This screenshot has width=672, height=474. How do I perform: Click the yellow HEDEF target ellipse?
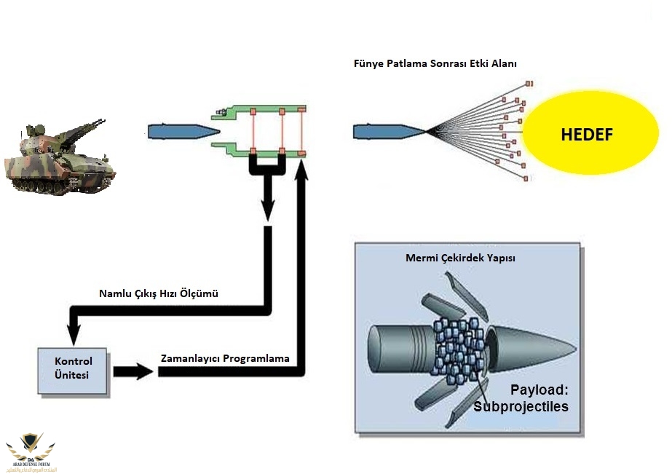(x=586, y=135)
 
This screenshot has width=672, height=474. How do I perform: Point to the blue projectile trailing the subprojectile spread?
(x=388, y=131)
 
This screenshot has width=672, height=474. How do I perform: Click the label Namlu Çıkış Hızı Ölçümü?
(x=159, y=294)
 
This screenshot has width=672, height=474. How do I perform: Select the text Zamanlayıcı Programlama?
(x=225, y=359)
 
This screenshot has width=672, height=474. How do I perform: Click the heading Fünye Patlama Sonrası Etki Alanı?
(x=435, y=63)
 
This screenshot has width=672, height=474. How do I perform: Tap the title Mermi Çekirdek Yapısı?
(x=460, y=258)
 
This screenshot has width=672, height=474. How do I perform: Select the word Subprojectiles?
(x=521, y=406)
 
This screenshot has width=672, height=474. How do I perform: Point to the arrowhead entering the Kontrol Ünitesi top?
(x=73, y=336)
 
